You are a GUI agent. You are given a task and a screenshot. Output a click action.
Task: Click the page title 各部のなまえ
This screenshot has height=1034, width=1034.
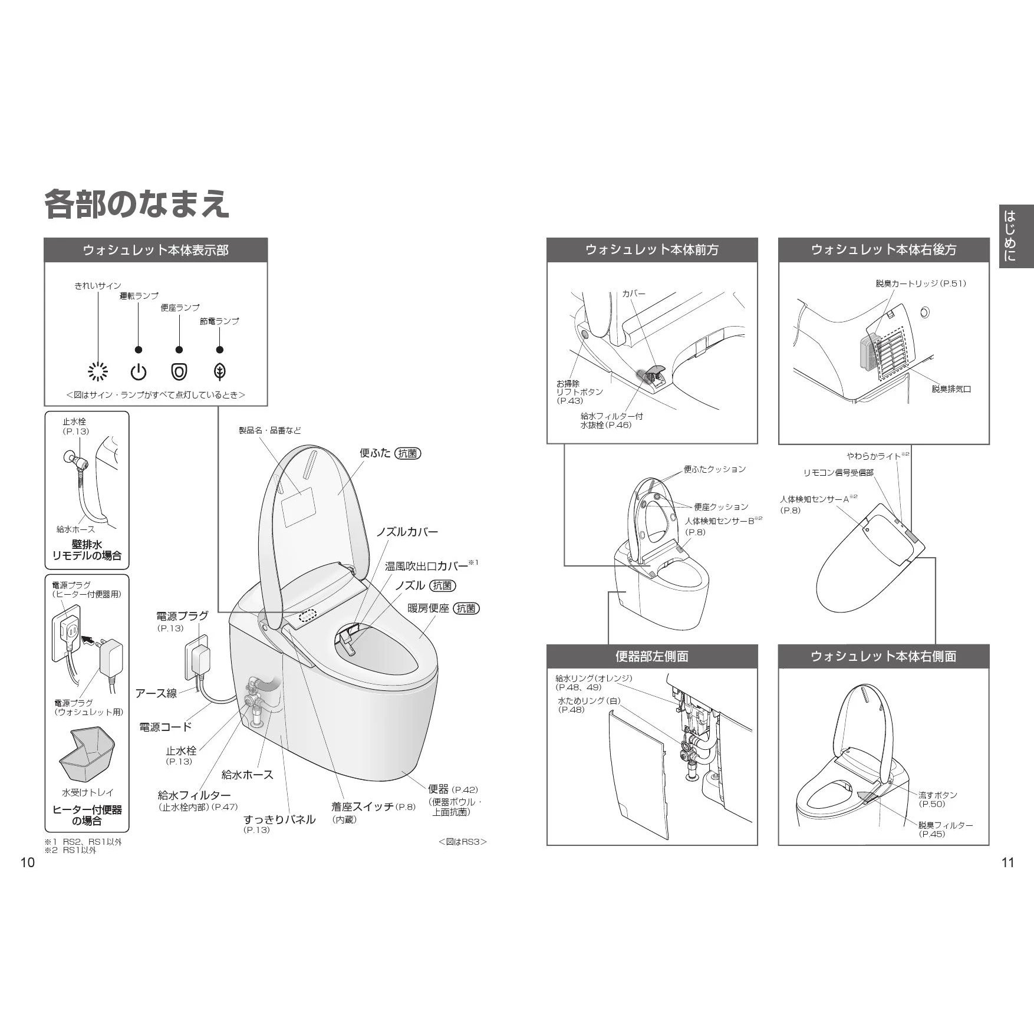137,205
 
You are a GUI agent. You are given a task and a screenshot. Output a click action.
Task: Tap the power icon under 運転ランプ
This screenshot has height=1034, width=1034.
138,372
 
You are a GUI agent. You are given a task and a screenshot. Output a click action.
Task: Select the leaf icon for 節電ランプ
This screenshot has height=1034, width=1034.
220,372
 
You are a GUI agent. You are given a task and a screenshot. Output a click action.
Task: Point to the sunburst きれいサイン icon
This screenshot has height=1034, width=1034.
98,371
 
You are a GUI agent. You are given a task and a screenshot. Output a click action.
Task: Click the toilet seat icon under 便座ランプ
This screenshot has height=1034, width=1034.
179,372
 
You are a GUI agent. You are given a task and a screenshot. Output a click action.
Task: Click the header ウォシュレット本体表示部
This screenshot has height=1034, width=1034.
156,250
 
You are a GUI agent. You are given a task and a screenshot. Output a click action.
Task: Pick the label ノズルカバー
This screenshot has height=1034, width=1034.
407,532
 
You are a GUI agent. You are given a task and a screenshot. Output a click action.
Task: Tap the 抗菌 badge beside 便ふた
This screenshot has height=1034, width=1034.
408,453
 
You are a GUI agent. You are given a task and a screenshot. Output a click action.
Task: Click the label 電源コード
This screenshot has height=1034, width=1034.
166,727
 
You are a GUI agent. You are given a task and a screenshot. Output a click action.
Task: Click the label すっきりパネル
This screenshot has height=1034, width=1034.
279,819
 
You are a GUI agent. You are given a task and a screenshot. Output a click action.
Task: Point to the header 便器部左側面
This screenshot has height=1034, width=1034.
652,656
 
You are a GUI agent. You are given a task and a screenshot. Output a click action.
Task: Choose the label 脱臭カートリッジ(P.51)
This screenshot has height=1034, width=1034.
921,284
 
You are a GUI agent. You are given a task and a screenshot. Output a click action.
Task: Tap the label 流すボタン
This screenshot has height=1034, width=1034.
938,795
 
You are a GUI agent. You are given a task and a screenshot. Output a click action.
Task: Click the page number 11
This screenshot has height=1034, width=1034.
1008,862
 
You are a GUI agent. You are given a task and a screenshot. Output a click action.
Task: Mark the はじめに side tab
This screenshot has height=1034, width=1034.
1016,236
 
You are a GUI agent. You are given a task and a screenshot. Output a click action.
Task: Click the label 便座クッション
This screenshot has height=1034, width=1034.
721,506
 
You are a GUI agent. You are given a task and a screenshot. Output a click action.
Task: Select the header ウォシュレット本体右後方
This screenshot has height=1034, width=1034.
884,250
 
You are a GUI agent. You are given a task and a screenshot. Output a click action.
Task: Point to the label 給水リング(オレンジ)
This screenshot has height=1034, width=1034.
594,679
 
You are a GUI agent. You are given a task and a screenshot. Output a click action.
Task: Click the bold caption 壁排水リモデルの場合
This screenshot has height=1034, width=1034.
87,550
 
